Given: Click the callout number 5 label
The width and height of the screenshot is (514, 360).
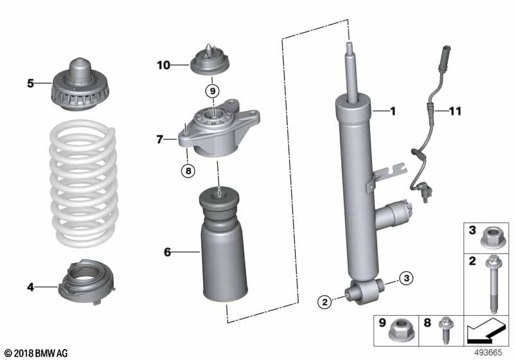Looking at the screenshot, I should click(x=30, y=83).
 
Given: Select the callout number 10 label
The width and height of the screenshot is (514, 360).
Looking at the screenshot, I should click(x=163, y=64).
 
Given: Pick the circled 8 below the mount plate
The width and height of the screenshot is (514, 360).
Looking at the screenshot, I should click(x=187, y=170).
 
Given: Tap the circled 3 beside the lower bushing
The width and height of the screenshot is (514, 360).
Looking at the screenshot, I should click(x=405, y=278).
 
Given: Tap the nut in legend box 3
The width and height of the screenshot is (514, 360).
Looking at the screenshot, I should click(x=493, y=237).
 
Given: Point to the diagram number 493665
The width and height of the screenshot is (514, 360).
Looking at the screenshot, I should click(x=490, y=352).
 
